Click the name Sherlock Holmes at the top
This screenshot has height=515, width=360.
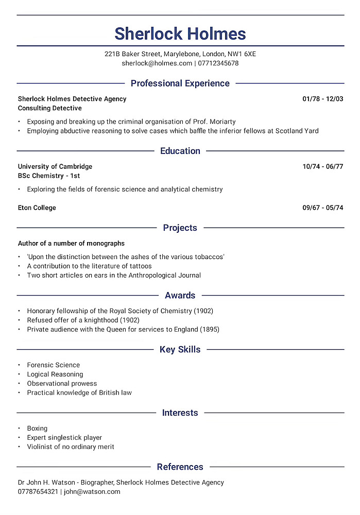tap(180, 34)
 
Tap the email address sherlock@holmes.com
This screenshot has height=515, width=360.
tap(157, 63)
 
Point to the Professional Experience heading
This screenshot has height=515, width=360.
tap(180, 83)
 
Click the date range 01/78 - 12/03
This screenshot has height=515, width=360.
tap(322, 99)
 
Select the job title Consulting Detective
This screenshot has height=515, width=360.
tap(50, 108)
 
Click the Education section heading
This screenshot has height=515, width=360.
tap(180, 151)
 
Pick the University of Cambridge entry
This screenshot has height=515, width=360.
tap(55, 166)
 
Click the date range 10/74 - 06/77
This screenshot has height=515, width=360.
tap(322, 166)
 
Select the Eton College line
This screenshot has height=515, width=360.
tap(37, 208)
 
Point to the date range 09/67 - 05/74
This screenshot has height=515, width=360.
tap(322, 208)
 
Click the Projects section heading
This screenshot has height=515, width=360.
tap(180, 228)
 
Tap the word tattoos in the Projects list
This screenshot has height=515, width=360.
tap(139, 266)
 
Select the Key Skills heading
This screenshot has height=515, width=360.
tap(180, 350)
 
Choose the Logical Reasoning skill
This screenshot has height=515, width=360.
tap(55, 374)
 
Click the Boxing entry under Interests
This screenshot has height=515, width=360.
tap(37, 428)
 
